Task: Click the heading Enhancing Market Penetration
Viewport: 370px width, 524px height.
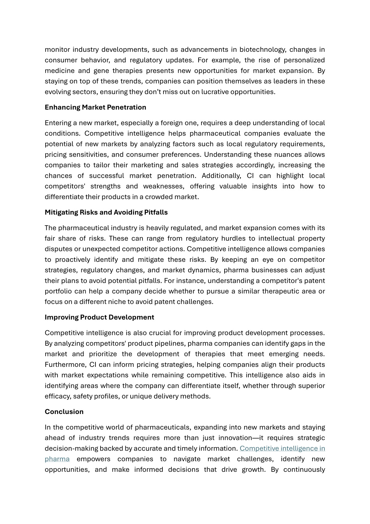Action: (95, 107)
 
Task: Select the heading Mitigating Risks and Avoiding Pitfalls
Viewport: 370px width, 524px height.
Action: (106, 212)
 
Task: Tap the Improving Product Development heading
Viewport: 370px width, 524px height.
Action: (99, 317)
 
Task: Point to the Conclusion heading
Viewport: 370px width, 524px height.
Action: (64, 412)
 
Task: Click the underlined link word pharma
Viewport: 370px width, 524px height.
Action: (57, 459)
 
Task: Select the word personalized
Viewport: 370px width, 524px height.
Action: (304, 60)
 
